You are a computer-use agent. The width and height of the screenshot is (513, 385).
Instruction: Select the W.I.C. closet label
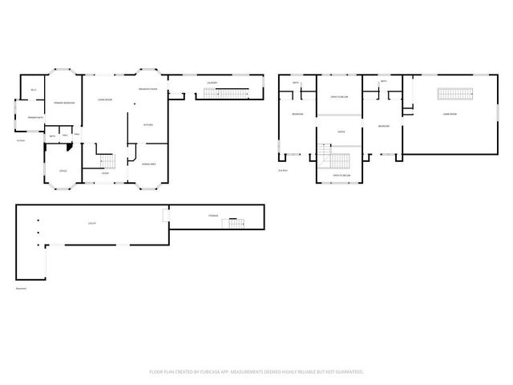coord(33,89)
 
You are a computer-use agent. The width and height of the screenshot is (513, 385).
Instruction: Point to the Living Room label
coord(104,100)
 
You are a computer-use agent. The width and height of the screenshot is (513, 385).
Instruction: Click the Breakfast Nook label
coord(148,89)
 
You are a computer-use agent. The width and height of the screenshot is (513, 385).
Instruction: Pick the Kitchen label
coord(148,125)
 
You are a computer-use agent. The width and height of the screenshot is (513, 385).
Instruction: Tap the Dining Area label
coord(148,164)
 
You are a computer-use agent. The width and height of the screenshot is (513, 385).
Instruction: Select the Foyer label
coord(105,173)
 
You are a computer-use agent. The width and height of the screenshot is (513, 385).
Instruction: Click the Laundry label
coord(212,83)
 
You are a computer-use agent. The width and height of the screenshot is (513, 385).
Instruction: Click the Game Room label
coord(450,114)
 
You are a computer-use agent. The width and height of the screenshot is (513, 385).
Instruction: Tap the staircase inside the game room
coord(454,93)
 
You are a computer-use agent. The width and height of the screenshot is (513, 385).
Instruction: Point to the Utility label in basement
coord(92,224)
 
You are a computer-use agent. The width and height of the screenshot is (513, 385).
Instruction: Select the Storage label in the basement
coord(212,215)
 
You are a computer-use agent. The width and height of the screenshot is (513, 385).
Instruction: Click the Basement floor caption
coord(21,289)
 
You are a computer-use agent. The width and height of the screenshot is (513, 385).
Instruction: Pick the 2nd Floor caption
coord(282,170)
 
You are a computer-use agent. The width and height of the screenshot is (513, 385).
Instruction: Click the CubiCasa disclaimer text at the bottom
coord(256,371)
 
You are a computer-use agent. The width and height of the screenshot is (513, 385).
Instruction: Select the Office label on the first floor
coord(62,171)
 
